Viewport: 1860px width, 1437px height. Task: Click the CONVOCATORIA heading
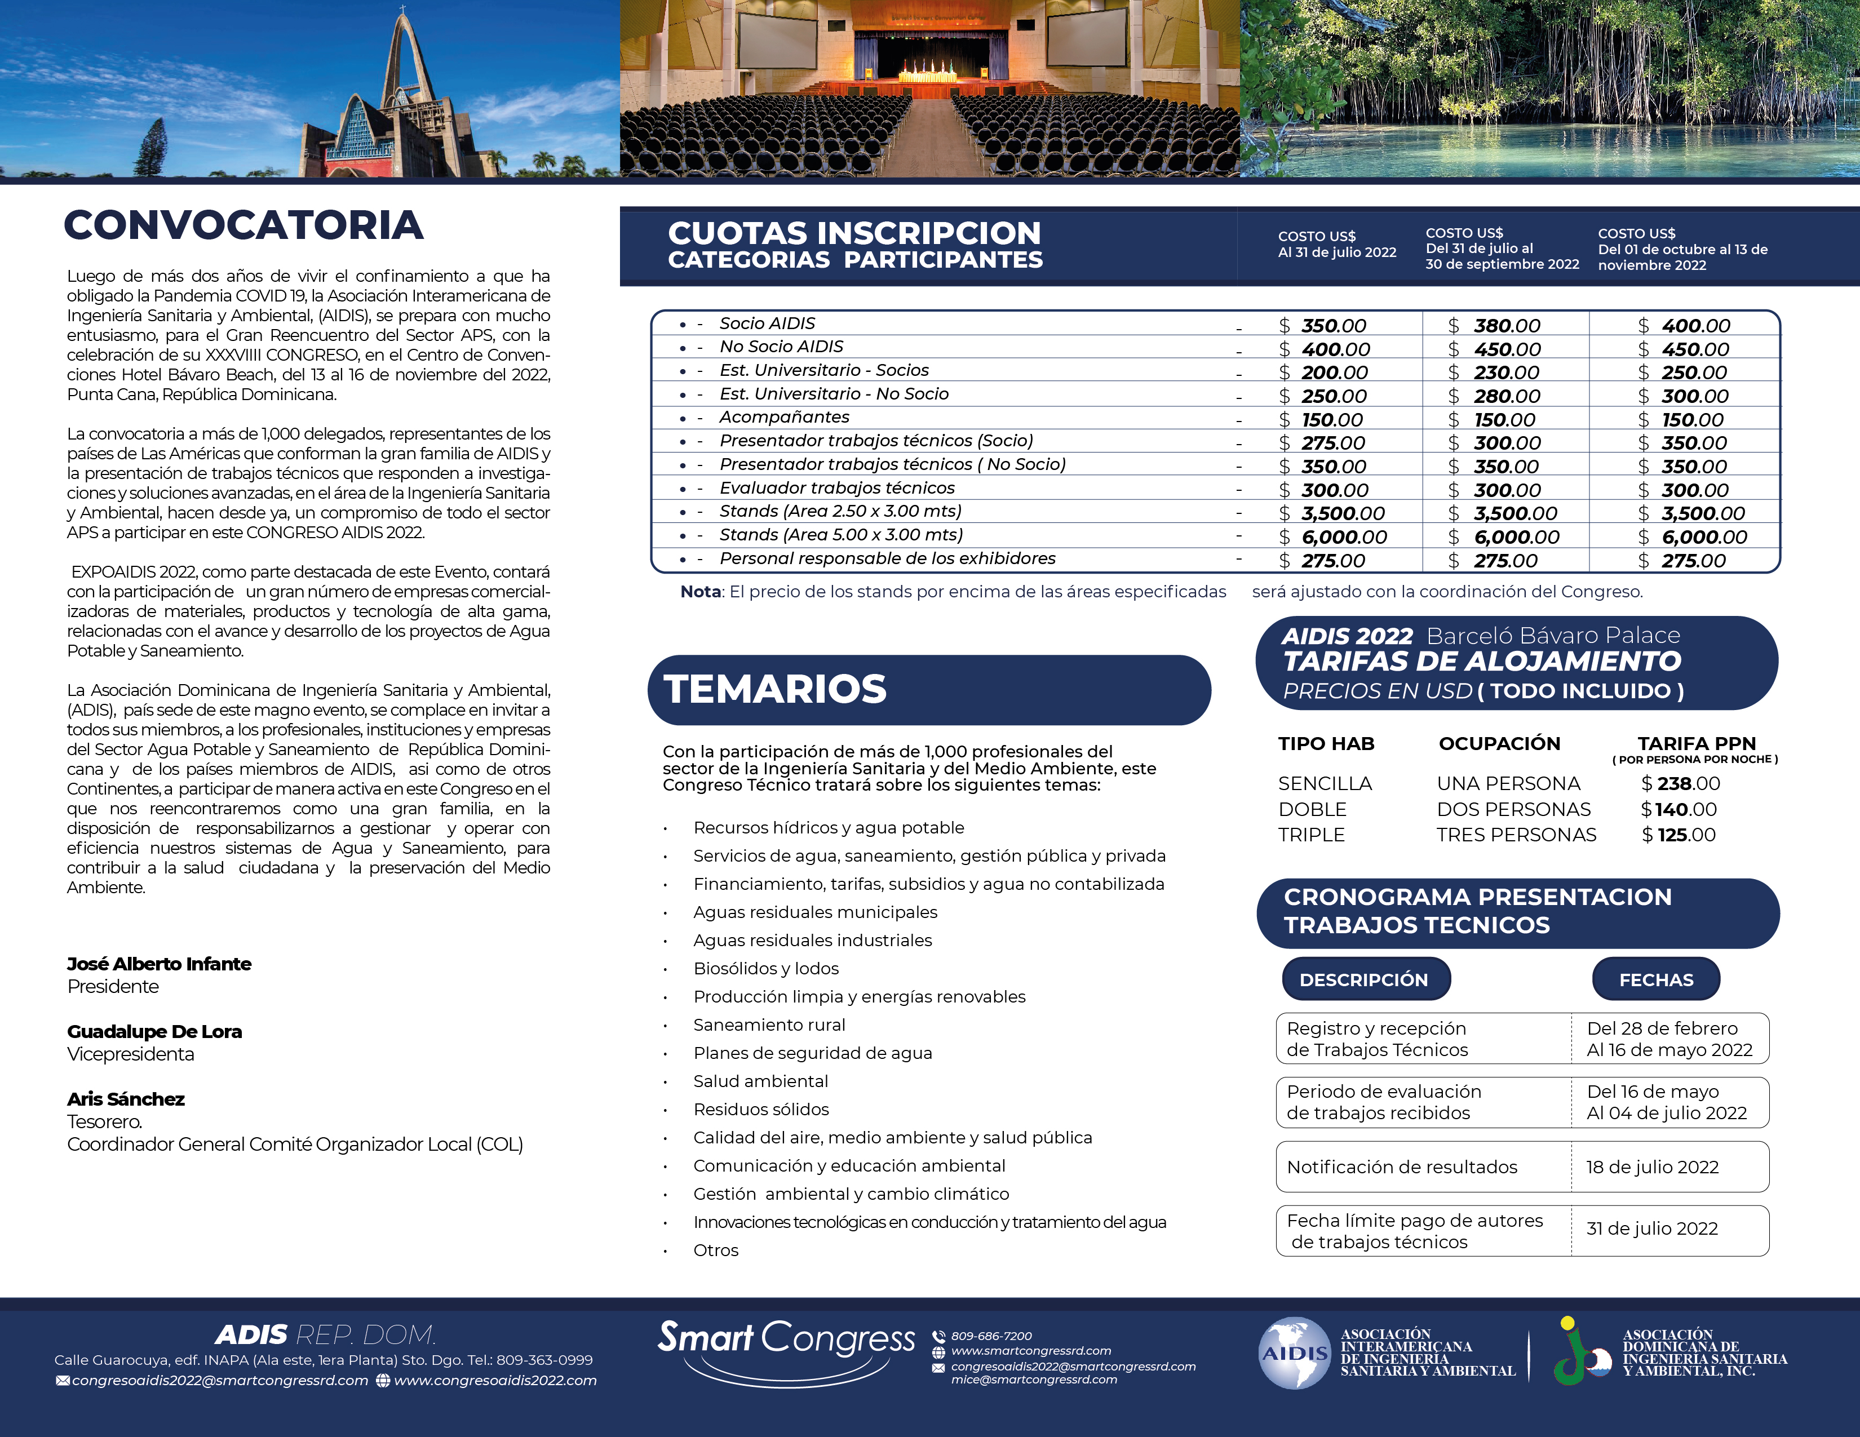[x=243, y=225]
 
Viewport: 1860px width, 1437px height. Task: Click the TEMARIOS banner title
[x=775, y=690]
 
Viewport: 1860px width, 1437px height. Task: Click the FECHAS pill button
[x=1655, y=980]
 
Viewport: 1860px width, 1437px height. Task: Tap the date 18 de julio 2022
[x=1652, y=1167]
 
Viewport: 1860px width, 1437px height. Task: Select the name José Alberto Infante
[x=160, y=964]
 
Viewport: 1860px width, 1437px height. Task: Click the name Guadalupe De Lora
[x=154, y=1032]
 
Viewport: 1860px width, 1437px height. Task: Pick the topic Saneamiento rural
[x=769, y=1025]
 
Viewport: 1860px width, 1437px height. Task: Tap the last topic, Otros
[x=715, y=1250]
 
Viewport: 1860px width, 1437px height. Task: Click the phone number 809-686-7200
[x=991, y=1336]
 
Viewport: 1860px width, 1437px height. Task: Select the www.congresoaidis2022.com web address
[x=495, y=1381]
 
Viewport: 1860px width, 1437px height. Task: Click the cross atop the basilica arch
[x=404, y=10]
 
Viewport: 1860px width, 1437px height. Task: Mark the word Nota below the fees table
[x=700, y=592]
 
